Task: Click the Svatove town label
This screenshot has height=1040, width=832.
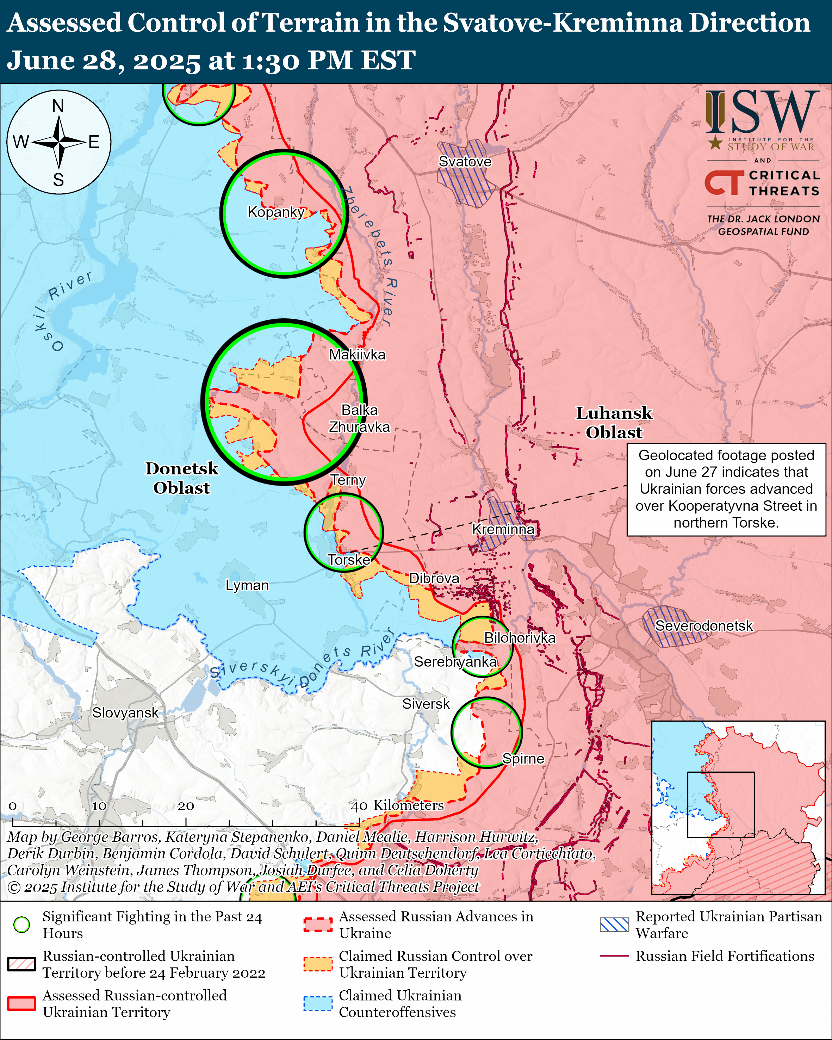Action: (465, 162)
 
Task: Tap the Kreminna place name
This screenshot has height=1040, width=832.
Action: (503, 529)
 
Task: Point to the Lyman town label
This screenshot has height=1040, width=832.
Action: (247, 585)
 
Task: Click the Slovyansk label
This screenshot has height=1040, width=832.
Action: (125, 712)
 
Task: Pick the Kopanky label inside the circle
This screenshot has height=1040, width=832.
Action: (276, 212)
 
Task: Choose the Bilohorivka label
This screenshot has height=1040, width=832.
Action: (520, 638)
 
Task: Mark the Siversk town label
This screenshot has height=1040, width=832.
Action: (426, 704)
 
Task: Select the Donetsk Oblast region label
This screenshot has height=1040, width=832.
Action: (182, 478)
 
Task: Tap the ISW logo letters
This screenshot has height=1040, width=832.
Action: (763, 113)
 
